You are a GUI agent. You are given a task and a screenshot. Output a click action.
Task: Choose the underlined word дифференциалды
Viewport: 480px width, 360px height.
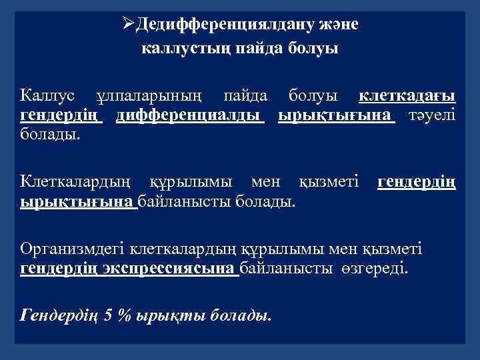pos(189,116)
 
